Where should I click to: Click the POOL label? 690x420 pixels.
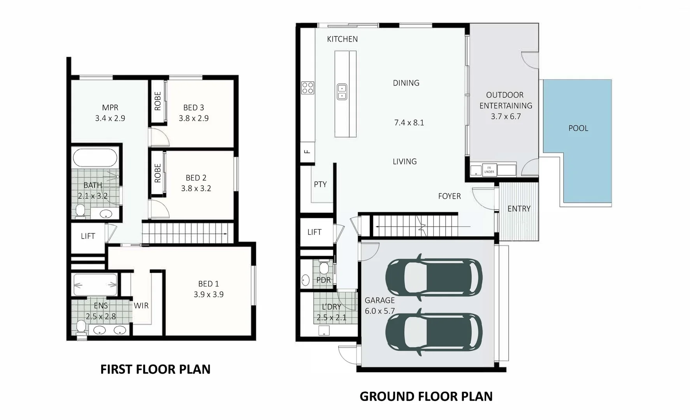pyautogui.click(x=578, y=128)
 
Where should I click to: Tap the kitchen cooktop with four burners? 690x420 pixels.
pyautogui.click(x=308, y=88)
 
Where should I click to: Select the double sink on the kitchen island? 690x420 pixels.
pyautogui.click(x=342, y=92)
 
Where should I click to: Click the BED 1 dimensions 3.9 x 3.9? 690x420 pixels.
pyautogui.click(x=209, y=294)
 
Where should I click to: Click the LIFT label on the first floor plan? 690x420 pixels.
pyautogui.click(x=88, y=236)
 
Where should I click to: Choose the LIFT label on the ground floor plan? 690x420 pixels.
pyautogui.click(x=314, y=232)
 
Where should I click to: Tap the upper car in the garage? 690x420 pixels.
pyautogui.click(x=434, y=277)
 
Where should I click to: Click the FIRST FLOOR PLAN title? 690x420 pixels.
pyautogui.click(x=155, y=369)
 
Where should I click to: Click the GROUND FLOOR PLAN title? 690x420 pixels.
pyautogui.click(x=426, y=396)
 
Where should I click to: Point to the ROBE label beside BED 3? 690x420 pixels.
pyautogui.click(x=158, y=101)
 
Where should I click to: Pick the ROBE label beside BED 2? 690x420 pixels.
pyautogui.click(x=158, y=173)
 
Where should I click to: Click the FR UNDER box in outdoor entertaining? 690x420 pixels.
pyautogui.click(x=489, y=170)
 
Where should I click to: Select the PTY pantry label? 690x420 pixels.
pyautogui.click(x=320, y=184)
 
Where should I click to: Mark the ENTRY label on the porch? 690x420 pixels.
pyautogui.click(x=519, y=209)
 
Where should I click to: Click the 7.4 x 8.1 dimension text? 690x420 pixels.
pyautogui.click(x=409, y=123)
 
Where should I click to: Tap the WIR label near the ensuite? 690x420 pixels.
pyautogui.click(x=141, y=306)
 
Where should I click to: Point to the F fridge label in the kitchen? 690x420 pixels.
pyautogui.click(x=307, y=152)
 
